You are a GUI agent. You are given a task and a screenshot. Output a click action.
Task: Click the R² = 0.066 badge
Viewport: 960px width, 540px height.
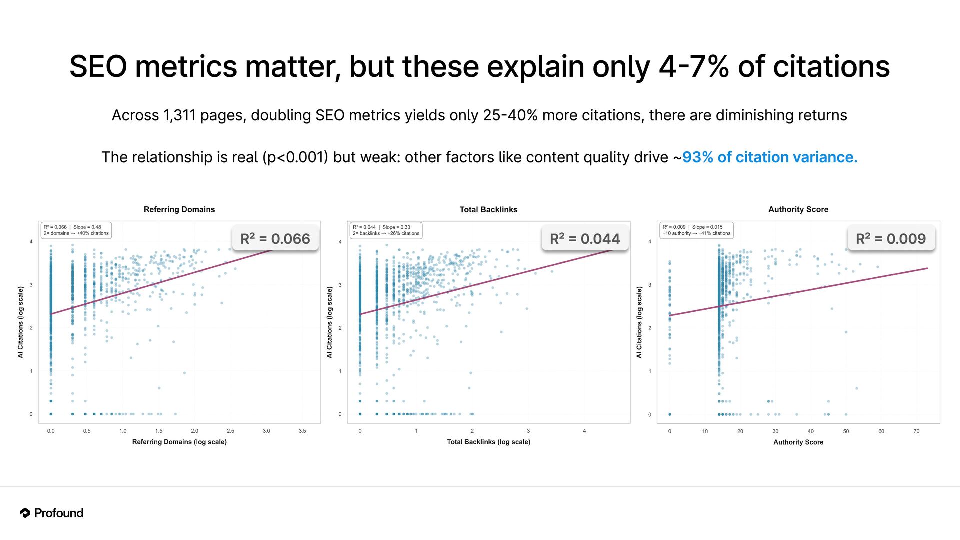pyautogui.click(x=275, y=239)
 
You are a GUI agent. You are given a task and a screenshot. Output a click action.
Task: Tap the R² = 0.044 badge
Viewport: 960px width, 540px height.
pyautogui.click(x=585, y=239)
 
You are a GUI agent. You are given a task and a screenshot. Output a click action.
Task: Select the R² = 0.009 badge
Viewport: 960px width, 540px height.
pyautogui.click(x=891, y=239)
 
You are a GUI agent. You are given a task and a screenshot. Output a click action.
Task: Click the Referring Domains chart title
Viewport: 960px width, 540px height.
pyautogui.click(x=179, y=209)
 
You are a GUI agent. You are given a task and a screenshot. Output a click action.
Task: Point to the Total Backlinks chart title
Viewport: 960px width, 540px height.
pyautogui.click(x=488, y=209)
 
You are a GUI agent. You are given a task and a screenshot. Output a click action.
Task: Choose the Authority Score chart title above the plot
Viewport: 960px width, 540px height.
pyautogui.click(x=798, y=209)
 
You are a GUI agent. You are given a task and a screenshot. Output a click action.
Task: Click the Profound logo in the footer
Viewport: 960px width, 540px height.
pyautogui.click(x=52, y=513)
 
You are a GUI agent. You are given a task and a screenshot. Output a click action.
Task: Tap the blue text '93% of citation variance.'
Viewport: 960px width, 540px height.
pyautogui.click(x=770, y=157)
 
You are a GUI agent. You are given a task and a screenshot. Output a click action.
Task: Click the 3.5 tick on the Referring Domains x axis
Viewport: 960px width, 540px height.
pyautogui.click(x=302, y=431)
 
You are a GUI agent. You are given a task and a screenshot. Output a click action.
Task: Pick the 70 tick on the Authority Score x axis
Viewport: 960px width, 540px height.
pyautogui.click(x=916, y=431)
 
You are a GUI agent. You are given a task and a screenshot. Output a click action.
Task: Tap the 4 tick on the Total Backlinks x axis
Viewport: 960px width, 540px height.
pyautogui.click(x=584, y=431)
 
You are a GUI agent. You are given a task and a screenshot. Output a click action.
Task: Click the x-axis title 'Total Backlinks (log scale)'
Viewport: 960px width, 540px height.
pyautogui.click(x=488, y=442)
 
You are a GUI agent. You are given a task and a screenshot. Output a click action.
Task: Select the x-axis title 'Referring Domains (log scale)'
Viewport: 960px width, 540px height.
pyautogui.click(x=179, y=442)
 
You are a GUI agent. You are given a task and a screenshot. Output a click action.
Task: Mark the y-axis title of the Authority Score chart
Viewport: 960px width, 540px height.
pyautogui.click(x=639, y=322)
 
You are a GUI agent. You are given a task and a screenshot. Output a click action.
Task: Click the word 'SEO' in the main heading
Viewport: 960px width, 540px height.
pyautogui.click(x=98, y=67)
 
